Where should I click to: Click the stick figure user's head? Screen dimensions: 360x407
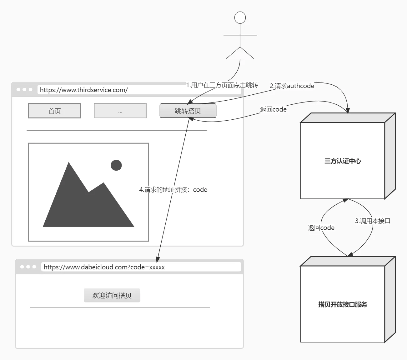(x=240, y=17)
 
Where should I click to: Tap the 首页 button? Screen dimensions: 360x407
(x=55, y=111)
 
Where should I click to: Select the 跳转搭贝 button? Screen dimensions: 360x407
(x=188, y=111)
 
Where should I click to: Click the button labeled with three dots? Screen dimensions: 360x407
(x=120, y=111)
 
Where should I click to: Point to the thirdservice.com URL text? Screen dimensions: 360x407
(x=84, y=90)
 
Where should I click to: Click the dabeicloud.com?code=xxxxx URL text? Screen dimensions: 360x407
(x=104, y=267)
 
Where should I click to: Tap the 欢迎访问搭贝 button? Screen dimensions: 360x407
(x=112, y=295)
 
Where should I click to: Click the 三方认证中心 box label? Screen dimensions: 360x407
(x=343, y=161)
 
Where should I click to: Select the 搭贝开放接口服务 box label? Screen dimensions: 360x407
(x=343, y=304)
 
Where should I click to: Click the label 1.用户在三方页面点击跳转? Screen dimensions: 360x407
(x=222, y=85)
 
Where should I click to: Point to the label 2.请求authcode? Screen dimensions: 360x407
(x=292, y=86)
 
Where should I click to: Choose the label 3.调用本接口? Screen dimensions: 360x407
(x=373, y=221)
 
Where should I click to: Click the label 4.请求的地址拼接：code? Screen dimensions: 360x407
(x=173, y=190)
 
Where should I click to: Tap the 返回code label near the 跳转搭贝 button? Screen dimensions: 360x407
(x=273, y=109)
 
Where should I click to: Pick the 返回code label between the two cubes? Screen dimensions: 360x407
(x=321, y=228)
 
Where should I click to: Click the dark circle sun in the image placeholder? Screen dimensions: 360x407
(x=116, y=165)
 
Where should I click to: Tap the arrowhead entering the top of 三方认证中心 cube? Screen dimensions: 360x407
(x=348, y=111)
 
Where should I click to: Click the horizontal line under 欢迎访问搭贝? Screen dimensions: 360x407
(x=120, y=308)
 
